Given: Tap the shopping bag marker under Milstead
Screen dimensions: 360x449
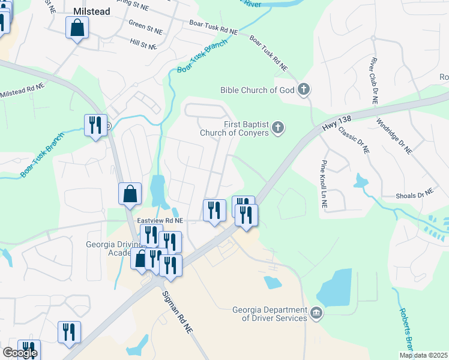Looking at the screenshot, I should coord(77,28).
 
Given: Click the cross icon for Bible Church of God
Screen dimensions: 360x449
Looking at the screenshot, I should coord(304,90).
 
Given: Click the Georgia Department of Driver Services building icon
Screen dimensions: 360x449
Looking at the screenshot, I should coord(316,313).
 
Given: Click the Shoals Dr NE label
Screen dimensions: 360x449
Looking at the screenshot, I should coord(414,194).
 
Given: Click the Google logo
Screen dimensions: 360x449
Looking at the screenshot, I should coord(19,353).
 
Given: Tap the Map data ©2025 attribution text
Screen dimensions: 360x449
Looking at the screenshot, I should coord(423,355).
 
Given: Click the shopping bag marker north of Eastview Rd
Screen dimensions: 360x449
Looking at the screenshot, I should coord(130,194).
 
